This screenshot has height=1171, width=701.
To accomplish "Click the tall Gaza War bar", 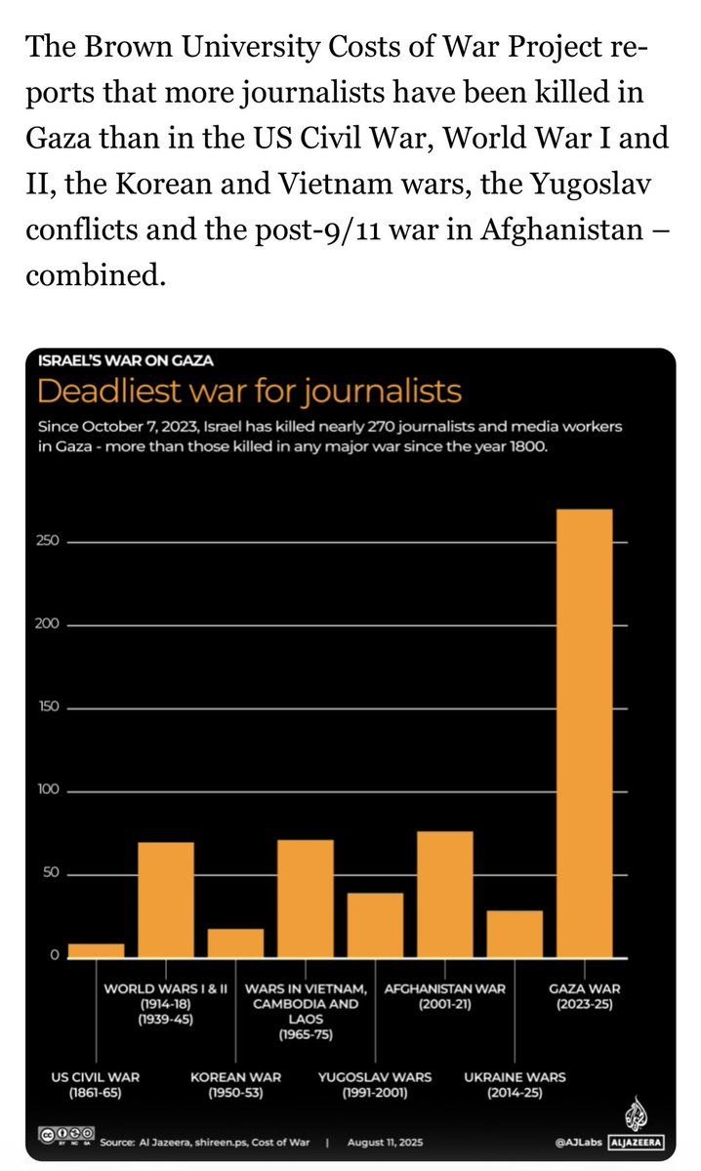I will tap(584, 732).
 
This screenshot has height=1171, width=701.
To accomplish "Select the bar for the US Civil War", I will tap(96, 949).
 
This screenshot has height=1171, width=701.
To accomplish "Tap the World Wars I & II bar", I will tap(165, 899).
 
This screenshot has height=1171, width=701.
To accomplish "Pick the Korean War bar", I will tap(235, 942).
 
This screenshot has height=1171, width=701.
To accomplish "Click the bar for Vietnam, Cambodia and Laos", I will tap(305, 898).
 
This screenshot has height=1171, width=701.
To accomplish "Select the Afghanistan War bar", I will tap(444, 894).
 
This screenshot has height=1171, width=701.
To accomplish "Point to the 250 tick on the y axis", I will tap(49, 541).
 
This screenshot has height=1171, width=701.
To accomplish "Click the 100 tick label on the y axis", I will tap(49, 790).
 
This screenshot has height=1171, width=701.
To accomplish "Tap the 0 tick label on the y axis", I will tap(56, 956).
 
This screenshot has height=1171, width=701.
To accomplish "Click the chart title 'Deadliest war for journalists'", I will tap(249, 393).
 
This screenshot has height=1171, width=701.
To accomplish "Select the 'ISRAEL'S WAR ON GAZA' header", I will tap(125, 360).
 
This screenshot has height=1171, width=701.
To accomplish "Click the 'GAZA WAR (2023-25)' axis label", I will tap(584, 996).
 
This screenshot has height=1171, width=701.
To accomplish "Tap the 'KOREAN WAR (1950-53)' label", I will tap(235, 1085).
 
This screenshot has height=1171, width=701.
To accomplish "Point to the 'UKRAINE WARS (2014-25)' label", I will tap(515, 1085).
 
